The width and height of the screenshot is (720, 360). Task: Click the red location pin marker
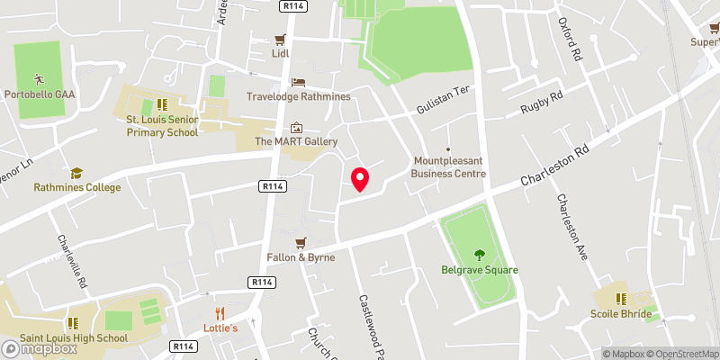click(x=360, y=178)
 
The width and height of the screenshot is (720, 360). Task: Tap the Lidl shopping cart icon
click(x=280, y=40)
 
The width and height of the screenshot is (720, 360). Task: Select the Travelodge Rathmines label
click(x=297, y=94)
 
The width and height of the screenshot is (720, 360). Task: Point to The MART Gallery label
click(x=296, y=141)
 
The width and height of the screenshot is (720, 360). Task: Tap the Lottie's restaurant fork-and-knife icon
click(x=220, y=313)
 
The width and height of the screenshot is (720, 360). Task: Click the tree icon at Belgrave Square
click(x=476, y=254)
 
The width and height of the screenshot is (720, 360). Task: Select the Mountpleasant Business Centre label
click(x=448, y=167)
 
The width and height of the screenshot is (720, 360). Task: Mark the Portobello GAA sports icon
click(x=38, y=78)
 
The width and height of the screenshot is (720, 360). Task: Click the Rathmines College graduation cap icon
click(x=76, y=173)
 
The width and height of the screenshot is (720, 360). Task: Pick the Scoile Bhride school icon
click(x=620, y=298)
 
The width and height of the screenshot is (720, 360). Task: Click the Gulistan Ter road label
click(x=443, y=110)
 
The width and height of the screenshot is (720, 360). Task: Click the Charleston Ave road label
click(x=572, y=227)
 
